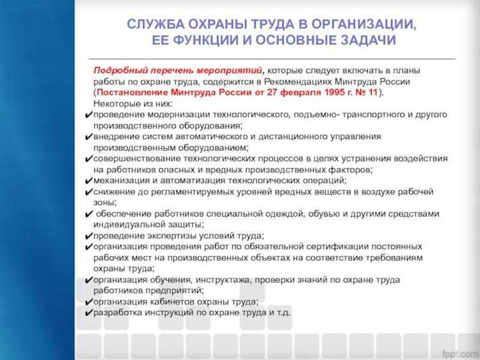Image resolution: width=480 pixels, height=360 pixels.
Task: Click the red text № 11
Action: (365, 92)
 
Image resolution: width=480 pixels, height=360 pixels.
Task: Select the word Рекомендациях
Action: (298, 81)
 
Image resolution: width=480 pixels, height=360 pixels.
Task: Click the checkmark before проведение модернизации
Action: (88, 115)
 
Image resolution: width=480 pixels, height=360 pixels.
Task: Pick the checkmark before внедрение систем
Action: (88, 136)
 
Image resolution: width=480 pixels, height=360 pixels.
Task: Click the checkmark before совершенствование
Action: (88, 159)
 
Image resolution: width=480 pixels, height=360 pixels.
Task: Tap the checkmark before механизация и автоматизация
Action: (88, 181)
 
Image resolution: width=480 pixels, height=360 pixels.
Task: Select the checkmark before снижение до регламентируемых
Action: (88, 192)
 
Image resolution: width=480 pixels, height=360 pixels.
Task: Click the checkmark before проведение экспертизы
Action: (88, 236)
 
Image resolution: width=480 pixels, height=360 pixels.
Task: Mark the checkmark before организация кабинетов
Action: (88, 302)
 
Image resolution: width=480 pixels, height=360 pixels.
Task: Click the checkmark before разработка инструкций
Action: (88, 313)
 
